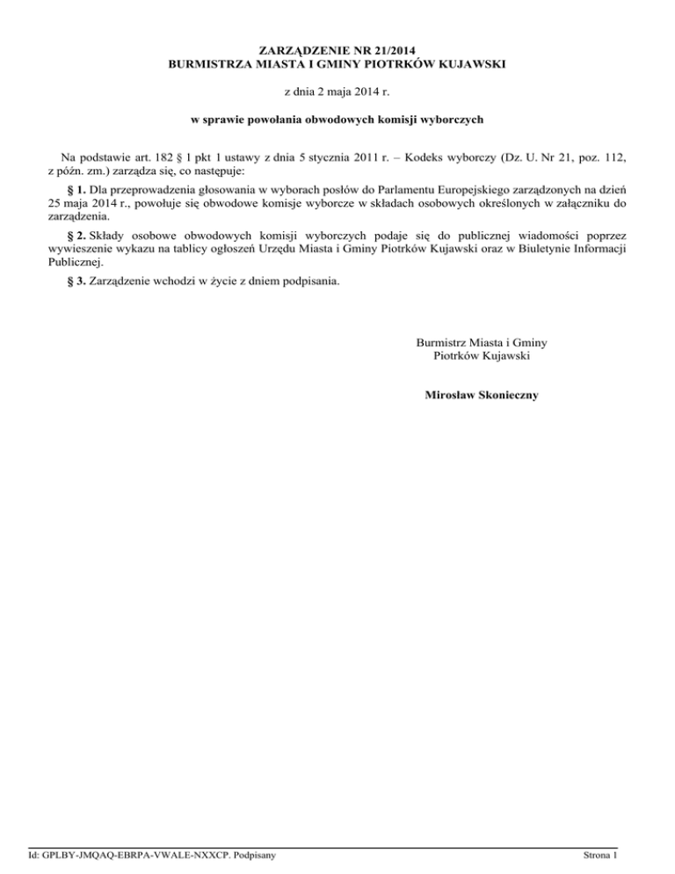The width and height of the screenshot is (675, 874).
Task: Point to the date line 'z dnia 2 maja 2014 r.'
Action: click(x=337, y=91)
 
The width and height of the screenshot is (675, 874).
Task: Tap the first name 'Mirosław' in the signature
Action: click(x=448, y=396)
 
